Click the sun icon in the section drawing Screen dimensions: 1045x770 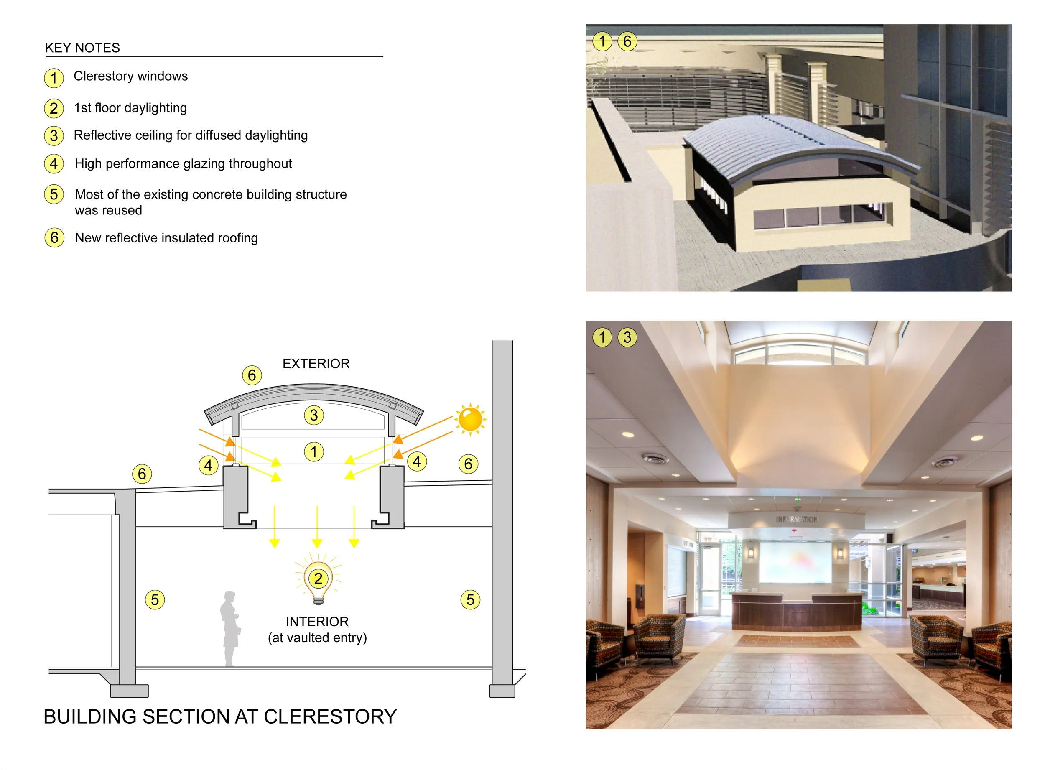[470, 418]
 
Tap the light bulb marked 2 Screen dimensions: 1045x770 [319, 579]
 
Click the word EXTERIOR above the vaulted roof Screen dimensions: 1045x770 [316, 364]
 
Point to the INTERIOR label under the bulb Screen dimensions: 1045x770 [317, 621]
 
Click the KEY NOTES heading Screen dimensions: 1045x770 [82, 48]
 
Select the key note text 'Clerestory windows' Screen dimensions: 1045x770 [130, 76]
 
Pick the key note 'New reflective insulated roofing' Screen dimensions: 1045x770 [166, 238]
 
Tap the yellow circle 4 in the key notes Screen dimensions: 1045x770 [54, 163]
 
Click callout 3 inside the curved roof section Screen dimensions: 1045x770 [313, 415]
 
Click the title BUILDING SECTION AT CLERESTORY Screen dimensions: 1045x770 [220, 716]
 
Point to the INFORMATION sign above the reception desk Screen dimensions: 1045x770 [796, 519]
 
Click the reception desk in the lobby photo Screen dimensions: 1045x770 [797, 611]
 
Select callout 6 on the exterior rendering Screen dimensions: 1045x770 [627, 41]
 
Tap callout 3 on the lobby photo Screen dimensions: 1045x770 [627, 337]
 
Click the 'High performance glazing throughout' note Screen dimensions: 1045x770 [183, 163]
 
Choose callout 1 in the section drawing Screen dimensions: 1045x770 [313, 451]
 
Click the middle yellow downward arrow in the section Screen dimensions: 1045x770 [317, 527]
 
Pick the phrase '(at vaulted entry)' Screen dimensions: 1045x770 [317, 637]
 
